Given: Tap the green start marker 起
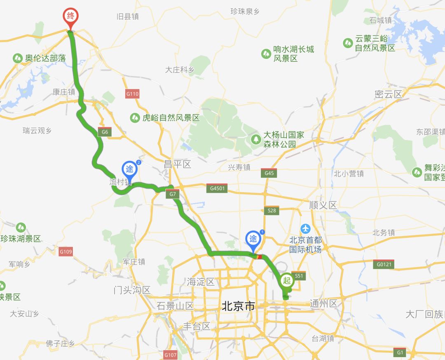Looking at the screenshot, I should (x=287, y=281).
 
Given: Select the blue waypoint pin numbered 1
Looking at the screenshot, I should (x=253, y=239).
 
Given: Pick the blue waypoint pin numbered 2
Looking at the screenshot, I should (x=129, y=169).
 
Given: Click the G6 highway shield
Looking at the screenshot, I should (x=105, y=132).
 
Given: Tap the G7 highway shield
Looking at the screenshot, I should (x=173, y=194).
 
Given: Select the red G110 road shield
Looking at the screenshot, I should (x=132, y=94).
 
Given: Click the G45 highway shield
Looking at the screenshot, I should (x=269, y=173).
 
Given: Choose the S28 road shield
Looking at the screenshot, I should (x=272, y=210).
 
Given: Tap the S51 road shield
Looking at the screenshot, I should (x=299, y=276).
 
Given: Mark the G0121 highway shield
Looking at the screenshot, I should (x=384, y=264).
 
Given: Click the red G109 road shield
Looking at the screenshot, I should (x=66, y=252).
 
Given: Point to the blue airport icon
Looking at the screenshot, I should (x=305, y=228).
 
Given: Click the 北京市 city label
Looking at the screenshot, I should (x=239, y=306).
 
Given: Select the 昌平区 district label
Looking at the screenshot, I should (x=178, y=165).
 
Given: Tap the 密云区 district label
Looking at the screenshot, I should (x=388, y=94).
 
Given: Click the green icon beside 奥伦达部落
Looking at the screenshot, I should (x=18, y=58).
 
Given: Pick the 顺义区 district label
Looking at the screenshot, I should (x=323, y=205).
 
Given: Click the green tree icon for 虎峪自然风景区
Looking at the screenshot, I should (x=135, y=118).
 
